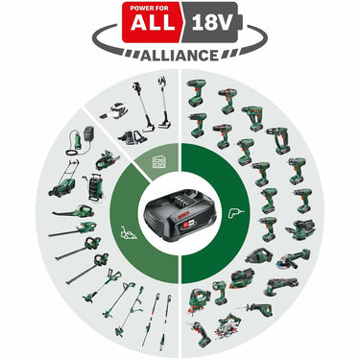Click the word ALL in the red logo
[155, 22]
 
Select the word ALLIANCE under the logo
[181, 55]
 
